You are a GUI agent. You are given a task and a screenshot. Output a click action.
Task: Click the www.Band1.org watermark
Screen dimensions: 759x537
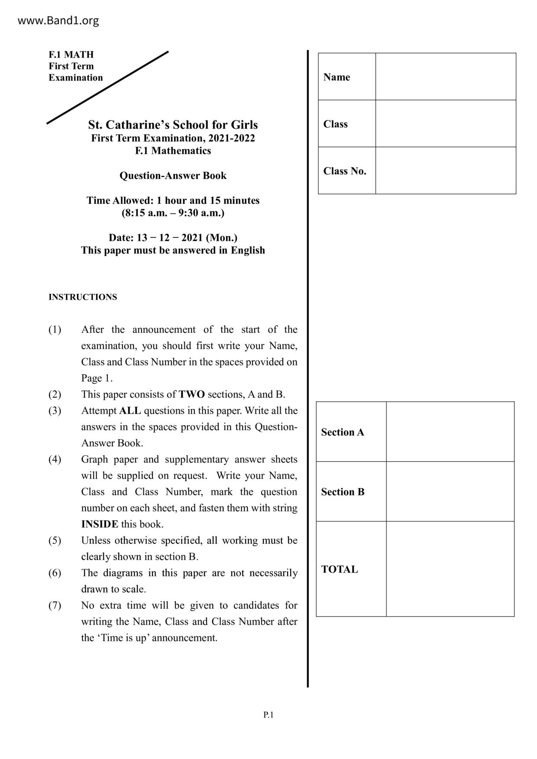click(x=58, y=20)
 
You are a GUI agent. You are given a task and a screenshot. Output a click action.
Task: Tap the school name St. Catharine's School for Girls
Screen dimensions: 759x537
click(x=173, y=125)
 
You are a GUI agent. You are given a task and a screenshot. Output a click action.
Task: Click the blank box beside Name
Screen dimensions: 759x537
click(x=445, y=77)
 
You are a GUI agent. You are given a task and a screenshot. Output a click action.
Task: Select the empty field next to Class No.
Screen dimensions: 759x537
click(x=445, y=170)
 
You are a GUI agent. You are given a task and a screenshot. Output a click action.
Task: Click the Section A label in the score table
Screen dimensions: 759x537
click(x=343, y=432)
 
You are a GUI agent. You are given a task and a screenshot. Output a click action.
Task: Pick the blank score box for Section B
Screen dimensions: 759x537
click(x=450, y=492)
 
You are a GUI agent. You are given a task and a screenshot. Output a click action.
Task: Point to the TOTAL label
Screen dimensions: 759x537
click(x=340, y=569)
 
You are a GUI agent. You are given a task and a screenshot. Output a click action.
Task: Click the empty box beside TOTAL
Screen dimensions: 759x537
click(x=450, y=569)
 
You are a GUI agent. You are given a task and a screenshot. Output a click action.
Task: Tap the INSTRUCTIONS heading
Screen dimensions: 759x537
click(x=83, y=297)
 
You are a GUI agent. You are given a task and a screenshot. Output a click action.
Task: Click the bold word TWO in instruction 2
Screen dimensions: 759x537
click(x=191, y=395)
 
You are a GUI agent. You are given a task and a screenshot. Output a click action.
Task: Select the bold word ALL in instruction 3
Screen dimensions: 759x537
click(x=130, y=411)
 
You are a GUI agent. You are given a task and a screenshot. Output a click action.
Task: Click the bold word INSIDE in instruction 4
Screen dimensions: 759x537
click(x=100, y=524)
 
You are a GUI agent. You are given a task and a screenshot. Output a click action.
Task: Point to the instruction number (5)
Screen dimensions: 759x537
click(x=55, y=540)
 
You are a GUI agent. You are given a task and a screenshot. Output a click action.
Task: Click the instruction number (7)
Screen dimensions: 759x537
click(x=55, y=605)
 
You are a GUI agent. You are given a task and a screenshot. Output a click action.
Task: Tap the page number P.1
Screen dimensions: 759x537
click(x=268, y=715)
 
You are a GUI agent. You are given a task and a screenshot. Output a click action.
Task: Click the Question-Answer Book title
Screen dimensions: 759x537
click(x=173, y=176)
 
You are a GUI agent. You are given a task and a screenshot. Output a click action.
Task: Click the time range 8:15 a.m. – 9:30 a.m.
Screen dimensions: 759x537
click(x=173, y=213)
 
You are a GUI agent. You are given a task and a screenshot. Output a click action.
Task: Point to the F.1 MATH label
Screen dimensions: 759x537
click(x=71, y=55)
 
